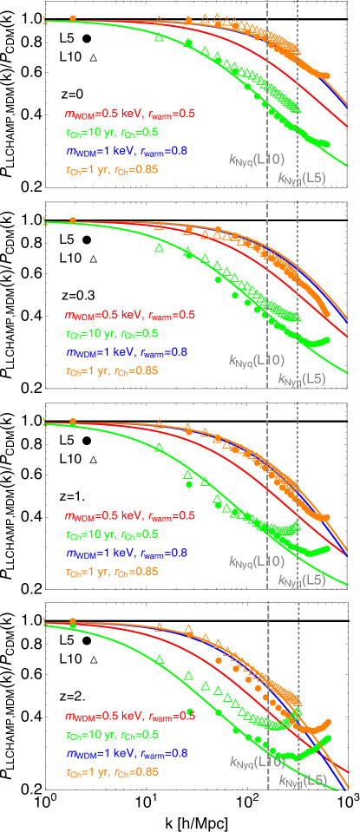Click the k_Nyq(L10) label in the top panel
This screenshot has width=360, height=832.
click(256, 159)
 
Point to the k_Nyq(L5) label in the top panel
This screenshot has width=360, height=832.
click(302, 179)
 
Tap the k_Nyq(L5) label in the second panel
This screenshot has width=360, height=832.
click(302, 379)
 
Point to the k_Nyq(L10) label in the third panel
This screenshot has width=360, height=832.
click(256, 561)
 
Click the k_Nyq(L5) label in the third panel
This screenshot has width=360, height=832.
click(302, 580)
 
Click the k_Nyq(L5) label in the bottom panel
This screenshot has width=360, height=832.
click(302, 782)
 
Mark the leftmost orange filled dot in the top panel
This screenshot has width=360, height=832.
click(73, 18)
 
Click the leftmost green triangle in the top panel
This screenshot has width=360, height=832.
click(158, 38)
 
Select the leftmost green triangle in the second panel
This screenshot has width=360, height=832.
click(159, 248)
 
